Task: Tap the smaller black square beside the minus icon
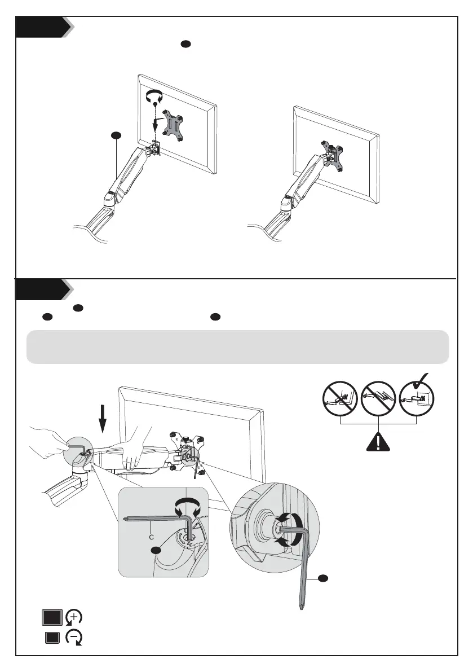pyautogui.click(x=52, y=639)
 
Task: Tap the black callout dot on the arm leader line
pyautogui.click(x=115, y=135)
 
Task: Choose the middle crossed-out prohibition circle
pyautogui.click(x=378, y=400)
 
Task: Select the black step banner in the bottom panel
pyautogui.click(x=39, y=291)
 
